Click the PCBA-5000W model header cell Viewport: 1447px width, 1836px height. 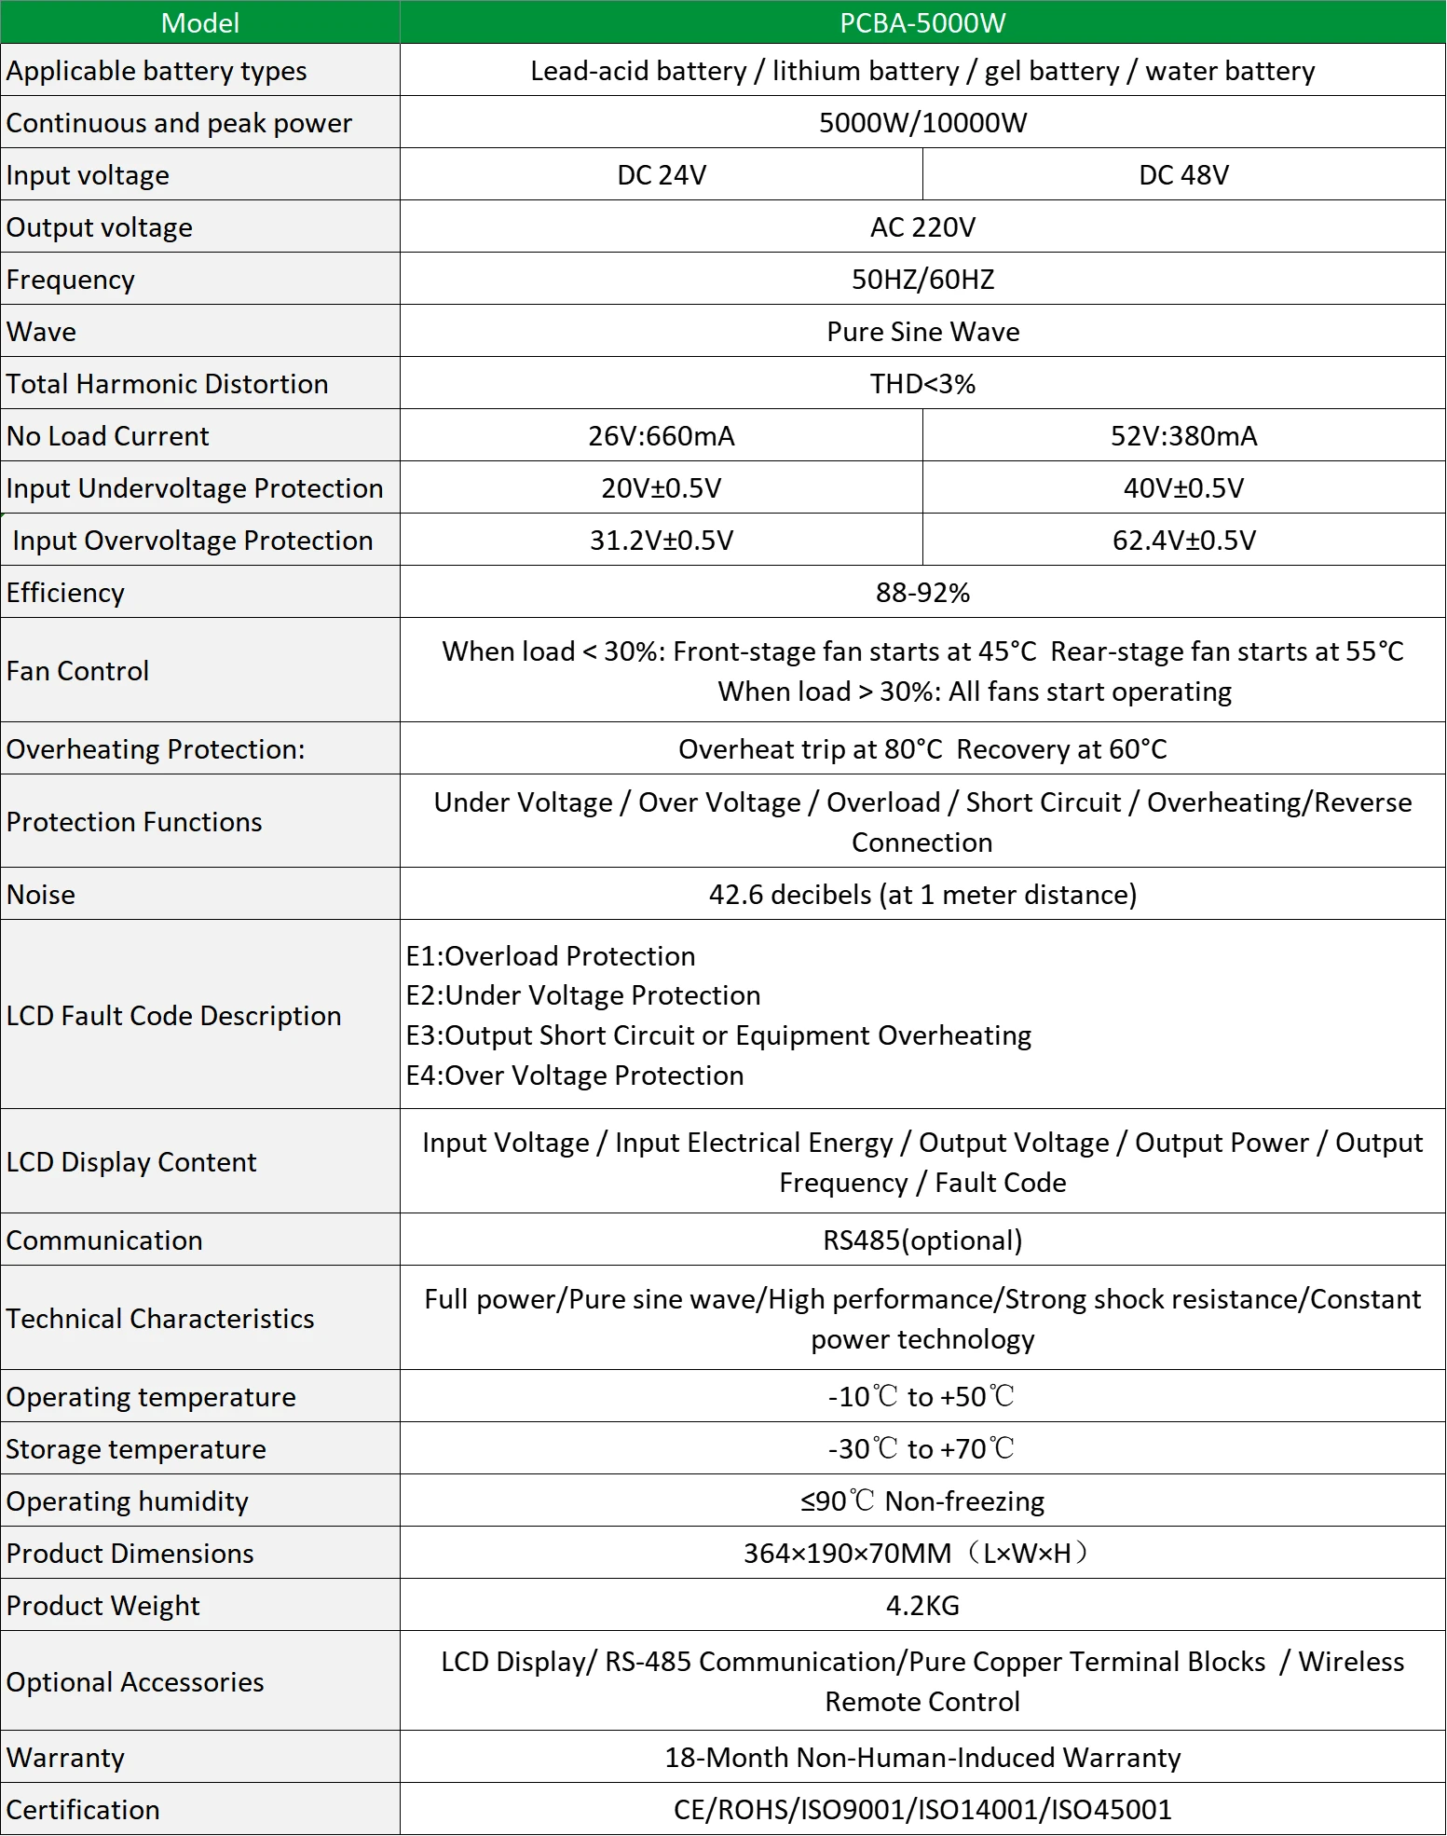pos(922,23)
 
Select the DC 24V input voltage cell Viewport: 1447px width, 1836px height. pos(662,175)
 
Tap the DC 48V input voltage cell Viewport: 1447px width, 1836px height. pos(1183,175)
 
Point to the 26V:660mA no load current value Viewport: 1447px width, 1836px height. pos(662,436)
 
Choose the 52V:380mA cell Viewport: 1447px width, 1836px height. pos(1183,436)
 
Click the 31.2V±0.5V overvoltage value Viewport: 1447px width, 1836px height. pos(662,541)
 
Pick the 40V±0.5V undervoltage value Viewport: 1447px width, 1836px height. pos(1183,488)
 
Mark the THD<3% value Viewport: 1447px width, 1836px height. pos(922,384)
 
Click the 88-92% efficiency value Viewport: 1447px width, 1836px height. pos(922,593)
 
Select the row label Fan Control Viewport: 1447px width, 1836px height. pos(78,671)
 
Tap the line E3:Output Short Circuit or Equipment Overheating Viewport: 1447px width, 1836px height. pos(718,1035)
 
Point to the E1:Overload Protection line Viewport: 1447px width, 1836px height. pos(551,956)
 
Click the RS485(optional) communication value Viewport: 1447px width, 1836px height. pos(922,1240)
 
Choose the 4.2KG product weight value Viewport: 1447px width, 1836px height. pos(922,1606)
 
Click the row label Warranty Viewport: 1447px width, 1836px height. pos(65,1758)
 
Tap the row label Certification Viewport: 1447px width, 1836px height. pos(83,1810)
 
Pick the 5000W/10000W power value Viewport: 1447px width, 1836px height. pos(922,123)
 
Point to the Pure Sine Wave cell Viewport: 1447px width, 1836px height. pos(922,332)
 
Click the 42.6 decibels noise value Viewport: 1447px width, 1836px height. pos(922,895)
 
